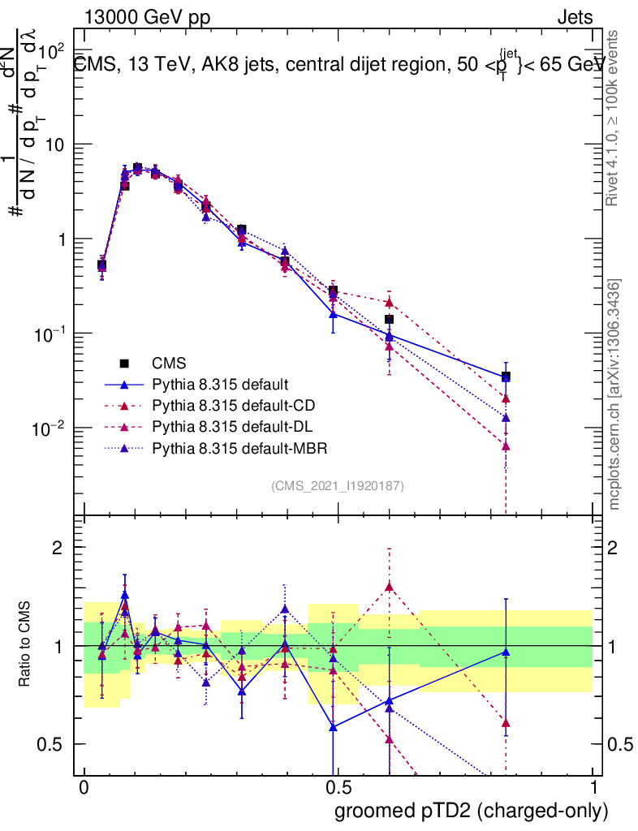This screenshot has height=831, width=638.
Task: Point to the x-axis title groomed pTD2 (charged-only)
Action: coord(470,811)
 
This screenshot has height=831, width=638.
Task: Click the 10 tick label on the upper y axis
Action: coord(57,144)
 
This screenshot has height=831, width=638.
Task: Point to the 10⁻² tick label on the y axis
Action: coord(50,427)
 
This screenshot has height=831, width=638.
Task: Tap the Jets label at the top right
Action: coord(574,17)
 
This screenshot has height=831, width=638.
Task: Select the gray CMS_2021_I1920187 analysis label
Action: coord(338,485)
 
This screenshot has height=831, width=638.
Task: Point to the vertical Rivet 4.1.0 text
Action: coord(616,118)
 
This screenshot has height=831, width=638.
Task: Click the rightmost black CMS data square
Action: coord(506,377)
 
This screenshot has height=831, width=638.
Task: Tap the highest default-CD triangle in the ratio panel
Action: coord(390,586)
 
